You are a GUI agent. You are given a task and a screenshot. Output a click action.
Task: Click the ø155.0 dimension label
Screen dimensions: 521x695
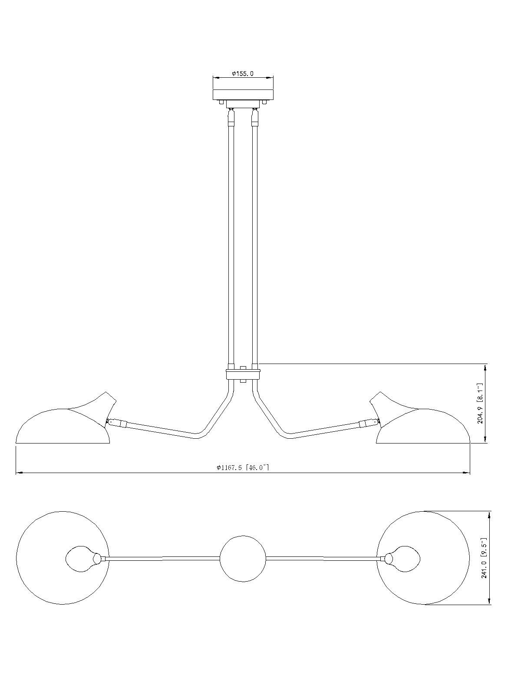coord(243,74)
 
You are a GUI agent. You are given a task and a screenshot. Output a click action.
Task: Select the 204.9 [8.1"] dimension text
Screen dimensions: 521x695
coord(480,403)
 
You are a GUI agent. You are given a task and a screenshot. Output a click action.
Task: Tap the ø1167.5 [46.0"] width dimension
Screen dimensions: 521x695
coord(243,467)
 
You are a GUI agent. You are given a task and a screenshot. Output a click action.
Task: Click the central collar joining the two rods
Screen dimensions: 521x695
coord(243,374)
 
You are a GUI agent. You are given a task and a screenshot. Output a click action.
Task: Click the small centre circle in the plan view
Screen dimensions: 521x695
coord(243,558)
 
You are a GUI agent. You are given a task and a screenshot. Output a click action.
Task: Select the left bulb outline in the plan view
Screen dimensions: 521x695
coord(83,559)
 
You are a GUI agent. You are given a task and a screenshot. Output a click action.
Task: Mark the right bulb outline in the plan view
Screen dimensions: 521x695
coord(402,559)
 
